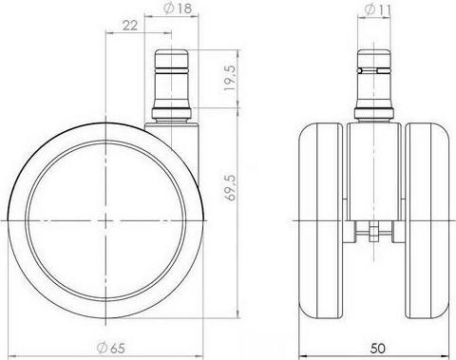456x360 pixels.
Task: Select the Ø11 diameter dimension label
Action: pyautogui.click(x=375, y=9)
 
